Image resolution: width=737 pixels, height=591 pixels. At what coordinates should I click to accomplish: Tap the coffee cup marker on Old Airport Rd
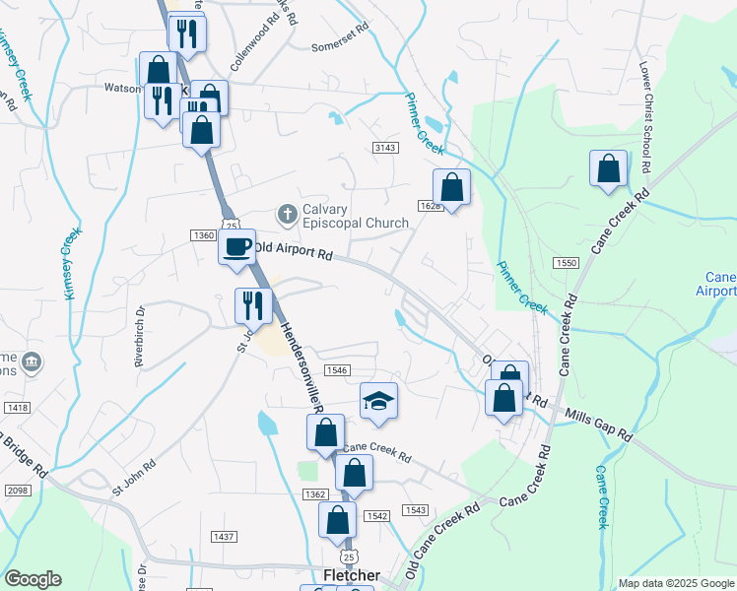(236, 247)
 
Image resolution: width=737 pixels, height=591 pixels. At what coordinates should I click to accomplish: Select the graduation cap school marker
(378, 401)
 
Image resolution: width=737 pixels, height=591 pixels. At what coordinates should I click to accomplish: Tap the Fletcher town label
(352, 575)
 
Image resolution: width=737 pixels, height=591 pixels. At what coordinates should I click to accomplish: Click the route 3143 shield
(385, 147)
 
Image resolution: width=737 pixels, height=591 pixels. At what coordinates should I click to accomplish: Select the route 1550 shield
(566, 263)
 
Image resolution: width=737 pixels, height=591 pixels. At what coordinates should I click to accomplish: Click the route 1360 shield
(203, 234)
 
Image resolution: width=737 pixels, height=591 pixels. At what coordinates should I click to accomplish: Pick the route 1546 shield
(337, 369)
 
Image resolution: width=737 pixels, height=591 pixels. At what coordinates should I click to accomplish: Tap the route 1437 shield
(224, 536)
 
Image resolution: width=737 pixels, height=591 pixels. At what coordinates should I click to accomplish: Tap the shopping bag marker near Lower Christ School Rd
(609, 167)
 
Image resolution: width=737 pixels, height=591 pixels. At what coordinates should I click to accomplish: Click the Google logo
(33, 579)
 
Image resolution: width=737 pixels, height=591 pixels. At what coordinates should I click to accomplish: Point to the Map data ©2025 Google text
(676, 583)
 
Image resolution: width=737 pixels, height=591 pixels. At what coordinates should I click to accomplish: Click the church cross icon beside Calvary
(288, 214)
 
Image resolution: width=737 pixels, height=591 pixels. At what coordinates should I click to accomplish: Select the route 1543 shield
(415, 509)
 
